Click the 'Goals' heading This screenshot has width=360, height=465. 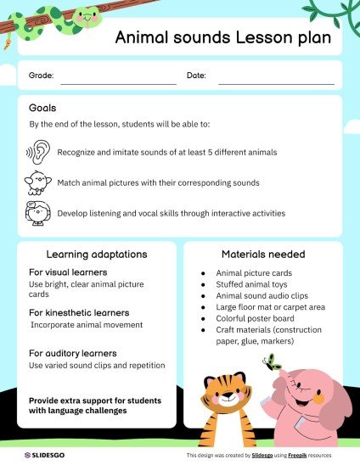[x=42, y=109]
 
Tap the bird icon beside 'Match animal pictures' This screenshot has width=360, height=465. [x=38, y=182]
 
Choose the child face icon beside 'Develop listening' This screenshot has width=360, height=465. [x=38, y=212]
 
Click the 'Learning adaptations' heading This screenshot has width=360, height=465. [x=97, y=254]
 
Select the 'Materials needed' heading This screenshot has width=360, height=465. [x=263, y=254]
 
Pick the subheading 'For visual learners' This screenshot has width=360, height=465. [x=67, y=272]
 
